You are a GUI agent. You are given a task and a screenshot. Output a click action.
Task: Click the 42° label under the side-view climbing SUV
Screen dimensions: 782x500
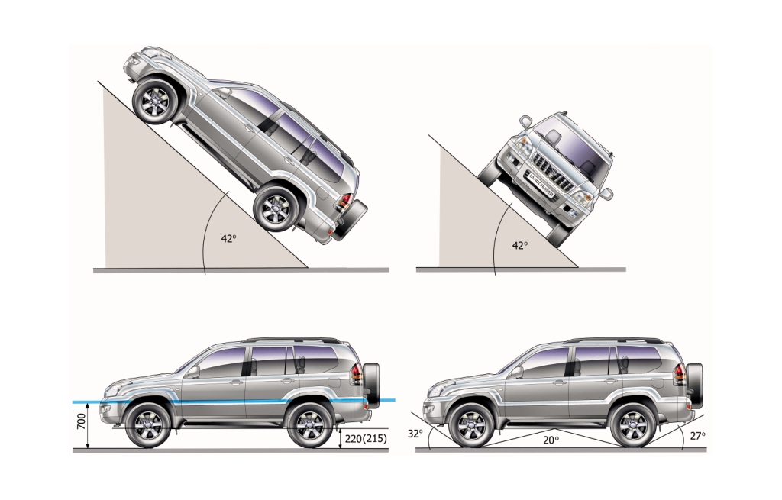[228, 238]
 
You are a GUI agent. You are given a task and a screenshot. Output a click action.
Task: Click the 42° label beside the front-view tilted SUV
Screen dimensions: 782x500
[519, 245]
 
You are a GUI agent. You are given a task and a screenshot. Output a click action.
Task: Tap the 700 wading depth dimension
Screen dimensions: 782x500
[81, 421]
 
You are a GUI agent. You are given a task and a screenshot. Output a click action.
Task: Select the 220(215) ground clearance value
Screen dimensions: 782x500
[366, 439]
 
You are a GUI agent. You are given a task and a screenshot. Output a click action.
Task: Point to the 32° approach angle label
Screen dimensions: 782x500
[415, 434]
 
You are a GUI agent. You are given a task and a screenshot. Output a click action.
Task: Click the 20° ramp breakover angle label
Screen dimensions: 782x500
[551, 440]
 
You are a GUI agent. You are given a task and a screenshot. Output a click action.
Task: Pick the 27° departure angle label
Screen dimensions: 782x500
[698, 435]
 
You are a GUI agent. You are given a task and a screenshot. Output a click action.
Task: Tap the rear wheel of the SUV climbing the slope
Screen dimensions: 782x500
[276, 208]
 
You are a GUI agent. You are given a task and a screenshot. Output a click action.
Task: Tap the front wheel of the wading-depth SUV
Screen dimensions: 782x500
[148, 425]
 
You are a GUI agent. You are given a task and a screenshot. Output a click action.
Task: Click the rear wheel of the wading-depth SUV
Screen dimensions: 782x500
[310, 425]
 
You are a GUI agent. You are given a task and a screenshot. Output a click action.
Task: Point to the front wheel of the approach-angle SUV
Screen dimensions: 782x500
[471, 425]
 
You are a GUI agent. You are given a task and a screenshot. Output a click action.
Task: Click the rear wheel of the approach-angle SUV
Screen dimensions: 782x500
[633, 425]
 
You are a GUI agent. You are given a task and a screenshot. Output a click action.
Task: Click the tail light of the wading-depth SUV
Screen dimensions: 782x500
[356, 375]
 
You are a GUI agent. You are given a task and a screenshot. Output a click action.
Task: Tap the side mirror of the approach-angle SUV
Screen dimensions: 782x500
[516, 372]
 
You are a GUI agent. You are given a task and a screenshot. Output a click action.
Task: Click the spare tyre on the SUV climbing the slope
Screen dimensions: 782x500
[350, 220]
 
